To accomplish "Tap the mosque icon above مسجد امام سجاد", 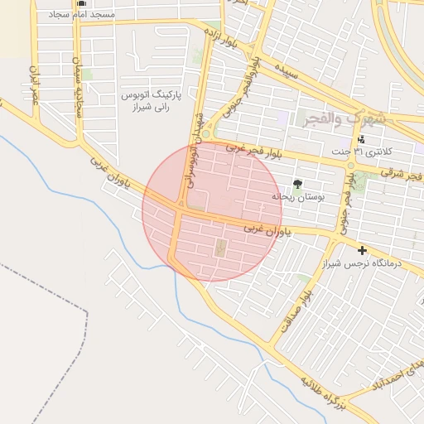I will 81,3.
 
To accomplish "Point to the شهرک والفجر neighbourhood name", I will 344,119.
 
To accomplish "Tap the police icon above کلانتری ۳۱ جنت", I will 361,139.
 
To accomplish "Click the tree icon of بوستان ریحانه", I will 296,184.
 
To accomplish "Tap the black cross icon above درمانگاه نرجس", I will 362,250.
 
